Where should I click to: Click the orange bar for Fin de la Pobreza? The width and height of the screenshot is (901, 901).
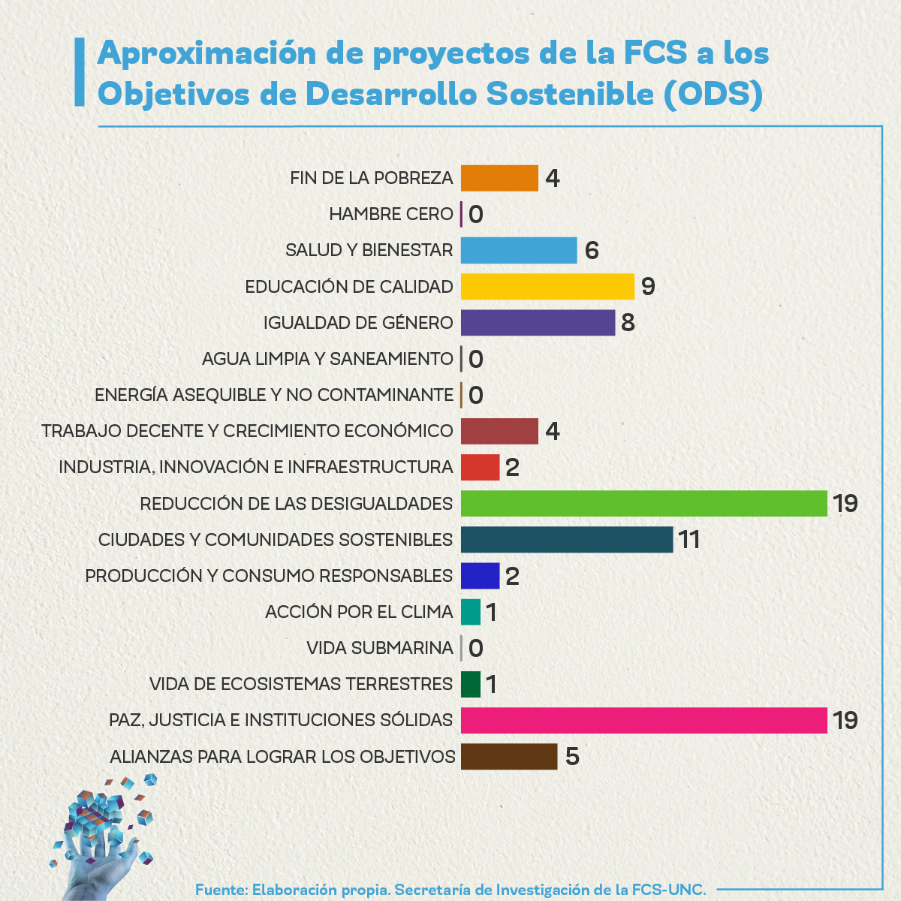coord(499,178)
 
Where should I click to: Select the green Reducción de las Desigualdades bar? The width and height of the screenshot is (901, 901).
coord(643,503)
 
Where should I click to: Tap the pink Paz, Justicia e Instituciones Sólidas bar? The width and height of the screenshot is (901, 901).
coord(643,720)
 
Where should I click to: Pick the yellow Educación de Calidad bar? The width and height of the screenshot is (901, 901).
coord(547,286)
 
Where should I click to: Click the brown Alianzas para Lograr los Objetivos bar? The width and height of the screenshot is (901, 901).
coord(509,756)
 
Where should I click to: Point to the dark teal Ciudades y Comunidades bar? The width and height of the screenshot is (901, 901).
coord(567,539)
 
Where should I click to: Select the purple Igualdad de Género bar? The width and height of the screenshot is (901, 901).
coord(538,322)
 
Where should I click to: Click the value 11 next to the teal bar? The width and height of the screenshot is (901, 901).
coord(689,539)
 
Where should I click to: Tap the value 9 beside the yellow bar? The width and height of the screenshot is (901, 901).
coord(648,286)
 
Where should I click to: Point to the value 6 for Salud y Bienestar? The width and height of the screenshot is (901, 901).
coord(592,250)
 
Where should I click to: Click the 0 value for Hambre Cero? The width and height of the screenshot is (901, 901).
coord(476,215)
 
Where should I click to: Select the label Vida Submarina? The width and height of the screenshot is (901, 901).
coord(380,647)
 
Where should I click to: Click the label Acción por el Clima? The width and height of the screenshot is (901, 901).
coord(359,612)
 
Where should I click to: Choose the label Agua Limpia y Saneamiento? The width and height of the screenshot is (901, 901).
coord(327,359)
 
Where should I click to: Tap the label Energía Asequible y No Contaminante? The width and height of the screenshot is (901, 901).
coord(274,395)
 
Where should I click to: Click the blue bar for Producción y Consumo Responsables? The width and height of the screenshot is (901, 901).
coord(480,576)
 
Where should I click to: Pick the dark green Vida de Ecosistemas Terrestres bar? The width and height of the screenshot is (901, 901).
coord(471,684)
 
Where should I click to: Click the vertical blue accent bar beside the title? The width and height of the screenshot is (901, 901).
coord(79,72)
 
